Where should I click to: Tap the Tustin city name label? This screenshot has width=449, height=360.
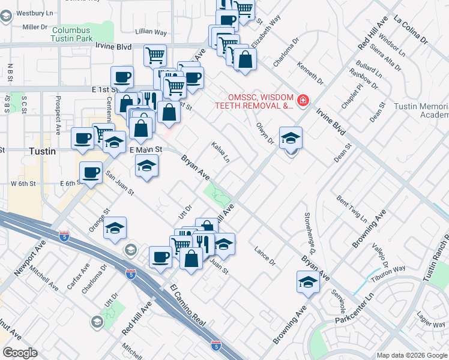point(43,152)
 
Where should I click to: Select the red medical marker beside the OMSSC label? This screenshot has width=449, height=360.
point(303,100)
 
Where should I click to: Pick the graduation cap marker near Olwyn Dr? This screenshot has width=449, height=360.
point(291,138)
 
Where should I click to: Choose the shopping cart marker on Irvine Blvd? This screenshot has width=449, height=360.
point(155,55)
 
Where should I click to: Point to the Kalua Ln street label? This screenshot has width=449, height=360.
point(220,152)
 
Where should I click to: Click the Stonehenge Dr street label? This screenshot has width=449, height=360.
point(315,230)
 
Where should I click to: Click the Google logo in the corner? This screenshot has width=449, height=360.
point(20,353)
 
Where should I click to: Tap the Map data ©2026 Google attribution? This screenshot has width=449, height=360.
point(412,355)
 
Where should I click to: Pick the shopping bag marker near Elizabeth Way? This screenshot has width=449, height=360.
point(245,59)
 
